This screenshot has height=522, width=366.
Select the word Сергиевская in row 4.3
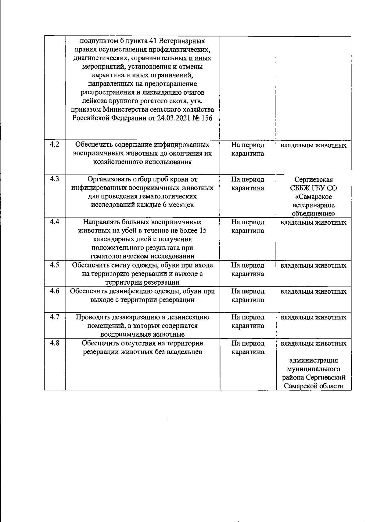click(314, 180)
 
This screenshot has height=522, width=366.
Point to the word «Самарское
click(314, 197)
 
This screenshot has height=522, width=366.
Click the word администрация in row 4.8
click(314, 361)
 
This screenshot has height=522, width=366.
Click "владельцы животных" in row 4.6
click(314, 292)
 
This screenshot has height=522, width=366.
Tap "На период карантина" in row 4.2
click(248, 149)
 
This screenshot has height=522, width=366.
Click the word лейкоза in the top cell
click(93, 101)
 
